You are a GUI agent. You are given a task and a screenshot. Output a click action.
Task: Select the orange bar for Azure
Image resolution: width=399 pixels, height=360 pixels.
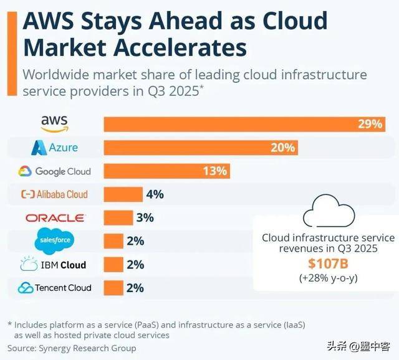(x=199, y=148)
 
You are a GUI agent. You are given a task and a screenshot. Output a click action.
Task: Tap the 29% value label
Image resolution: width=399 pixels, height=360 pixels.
(x=369, y=124)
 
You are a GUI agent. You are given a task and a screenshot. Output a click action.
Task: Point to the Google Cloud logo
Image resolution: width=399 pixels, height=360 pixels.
(x=54, y=171)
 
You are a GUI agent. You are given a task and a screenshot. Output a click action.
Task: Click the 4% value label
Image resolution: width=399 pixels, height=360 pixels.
(x=154, y=194)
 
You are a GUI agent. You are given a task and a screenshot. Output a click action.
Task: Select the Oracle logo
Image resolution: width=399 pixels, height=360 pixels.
(x=54, y=218)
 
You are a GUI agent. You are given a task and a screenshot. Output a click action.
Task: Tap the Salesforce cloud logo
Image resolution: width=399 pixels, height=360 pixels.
(x=54, y=240)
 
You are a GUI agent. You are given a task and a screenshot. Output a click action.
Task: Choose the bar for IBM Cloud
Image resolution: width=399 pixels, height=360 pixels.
(x=113, y=264)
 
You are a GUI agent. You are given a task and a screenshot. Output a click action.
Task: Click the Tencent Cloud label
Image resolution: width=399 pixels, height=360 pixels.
(x=54, y=288)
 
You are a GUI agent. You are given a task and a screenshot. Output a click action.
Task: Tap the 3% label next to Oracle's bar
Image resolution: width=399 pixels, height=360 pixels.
(x=144, y=218)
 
